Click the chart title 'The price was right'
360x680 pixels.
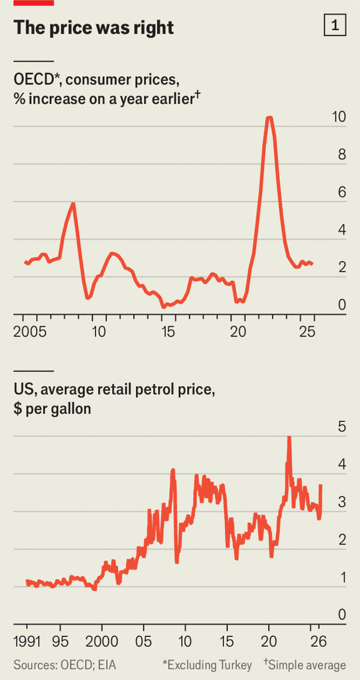pos(94,28)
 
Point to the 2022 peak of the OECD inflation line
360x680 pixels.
pos(269,118)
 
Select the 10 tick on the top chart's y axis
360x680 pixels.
pos(339,118)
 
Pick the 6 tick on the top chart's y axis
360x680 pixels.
pos(341,192)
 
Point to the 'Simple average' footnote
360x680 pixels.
pos(307,665)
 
